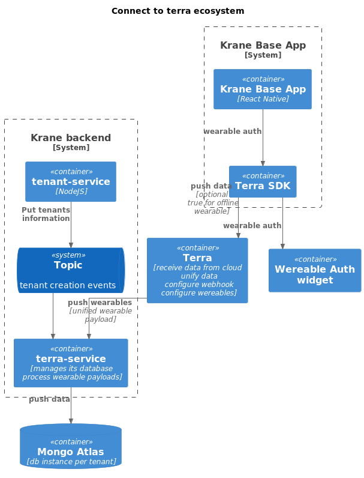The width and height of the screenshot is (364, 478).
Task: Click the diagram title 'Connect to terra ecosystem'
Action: [x=178, y=11]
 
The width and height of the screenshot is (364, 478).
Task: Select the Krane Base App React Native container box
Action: [x=262, y=89]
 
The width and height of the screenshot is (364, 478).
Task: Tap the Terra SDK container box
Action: [x=262, y=181]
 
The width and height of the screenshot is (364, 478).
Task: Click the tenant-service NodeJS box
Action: [x=71, y=181]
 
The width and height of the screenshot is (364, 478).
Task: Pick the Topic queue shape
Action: [x=70, y=270]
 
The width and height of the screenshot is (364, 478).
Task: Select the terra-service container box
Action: [x=71, y=363]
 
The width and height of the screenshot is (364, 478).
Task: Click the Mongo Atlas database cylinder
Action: [x=71, y=447]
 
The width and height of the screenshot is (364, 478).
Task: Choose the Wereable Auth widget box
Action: [x=314, y=270]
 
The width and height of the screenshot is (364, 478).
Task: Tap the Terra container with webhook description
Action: [x=197, y=270]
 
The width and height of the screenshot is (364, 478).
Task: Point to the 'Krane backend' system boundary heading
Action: [x=71, y=138]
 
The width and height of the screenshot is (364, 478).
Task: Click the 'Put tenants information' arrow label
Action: [x=46, y=214]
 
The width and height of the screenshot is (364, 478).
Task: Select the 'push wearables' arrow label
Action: [x=100, y=303]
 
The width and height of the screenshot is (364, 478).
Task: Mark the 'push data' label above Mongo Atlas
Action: [x=49, y=399]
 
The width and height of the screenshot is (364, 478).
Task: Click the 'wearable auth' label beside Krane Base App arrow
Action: [x=232, y=132]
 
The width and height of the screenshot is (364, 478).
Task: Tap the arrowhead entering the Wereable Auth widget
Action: [x=282, y=246]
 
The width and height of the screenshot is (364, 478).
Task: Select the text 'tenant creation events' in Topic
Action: [x=68, y=285]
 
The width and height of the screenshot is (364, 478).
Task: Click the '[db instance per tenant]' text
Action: [x=71, y=462]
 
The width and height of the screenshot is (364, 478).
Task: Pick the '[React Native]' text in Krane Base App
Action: [x=263, y=99]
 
